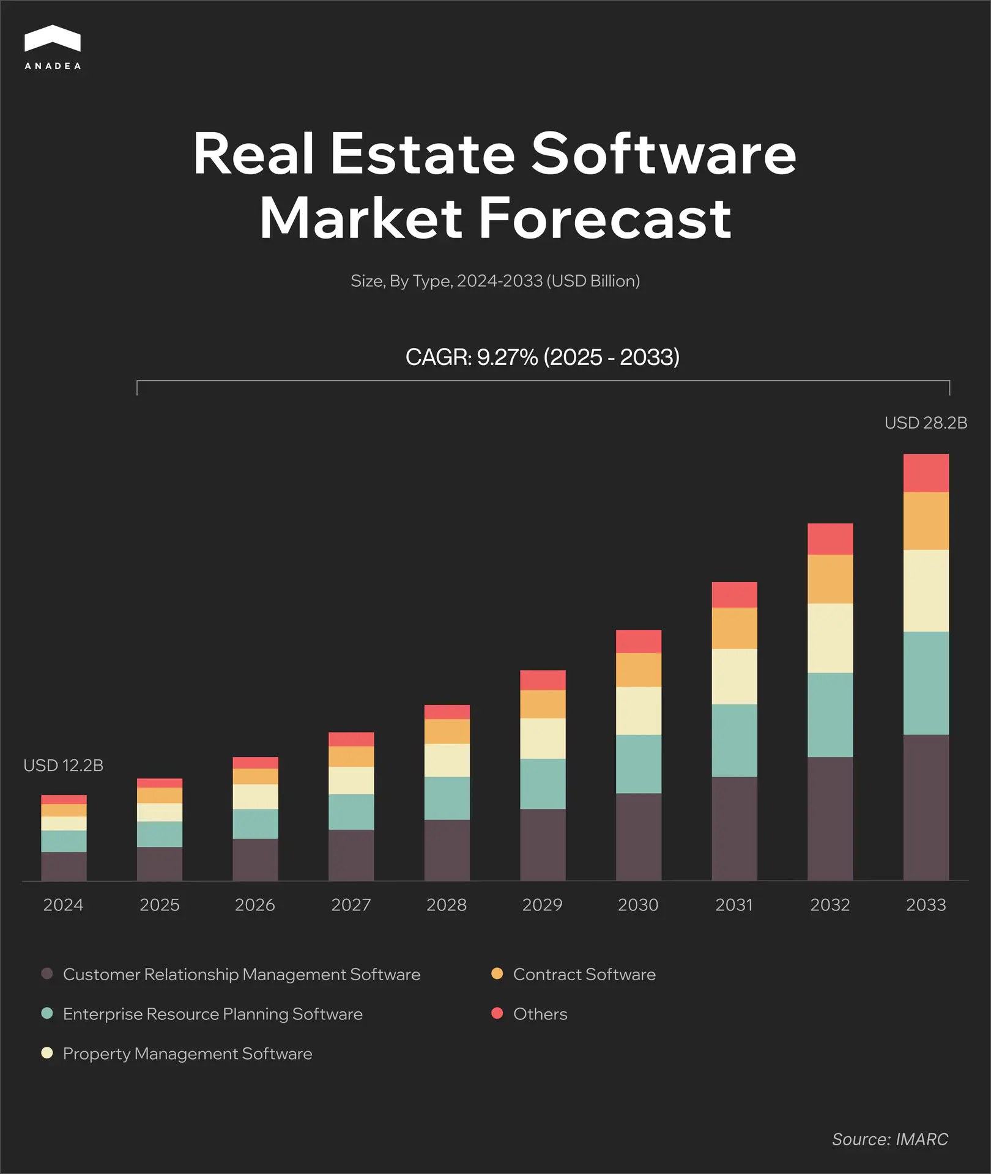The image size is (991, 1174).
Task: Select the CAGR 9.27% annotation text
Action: click(x=542, y=357)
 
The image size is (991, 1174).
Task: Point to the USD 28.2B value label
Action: click(x=926, y=423)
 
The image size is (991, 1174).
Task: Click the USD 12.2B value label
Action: click(x=64, y=766)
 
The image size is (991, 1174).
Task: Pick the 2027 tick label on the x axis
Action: click(x=351, y=905)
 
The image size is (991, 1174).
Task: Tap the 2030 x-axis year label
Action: click(x=638, y=905)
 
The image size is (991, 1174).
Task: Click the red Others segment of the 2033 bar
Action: click(x=926, y=473)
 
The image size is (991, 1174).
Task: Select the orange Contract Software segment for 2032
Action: click(x=830, y=578)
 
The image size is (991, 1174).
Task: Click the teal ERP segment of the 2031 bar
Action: click(x=734, y=740)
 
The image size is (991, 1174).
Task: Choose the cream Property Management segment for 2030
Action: click(x=639, y=711)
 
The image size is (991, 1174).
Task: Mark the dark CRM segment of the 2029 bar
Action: click(x=543, y=844)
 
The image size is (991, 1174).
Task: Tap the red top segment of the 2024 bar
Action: click(x=64, y=799)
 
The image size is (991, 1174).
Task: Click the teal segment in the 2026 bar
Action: click(x=255, y=824)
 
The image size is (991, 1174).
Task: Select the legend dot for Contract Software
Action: click(x=497, y=973)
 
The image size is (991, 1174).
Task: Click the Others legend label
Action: click(x=540, y=1014)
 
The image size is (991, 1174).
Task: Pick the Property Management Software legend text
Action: click(x=187, y=1054)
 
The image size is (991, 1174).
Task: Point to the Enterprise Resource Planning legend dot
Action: click(x=47, y=1013)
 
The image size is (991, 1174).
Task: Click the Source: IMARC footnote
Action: click(x=889, y=1139)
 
